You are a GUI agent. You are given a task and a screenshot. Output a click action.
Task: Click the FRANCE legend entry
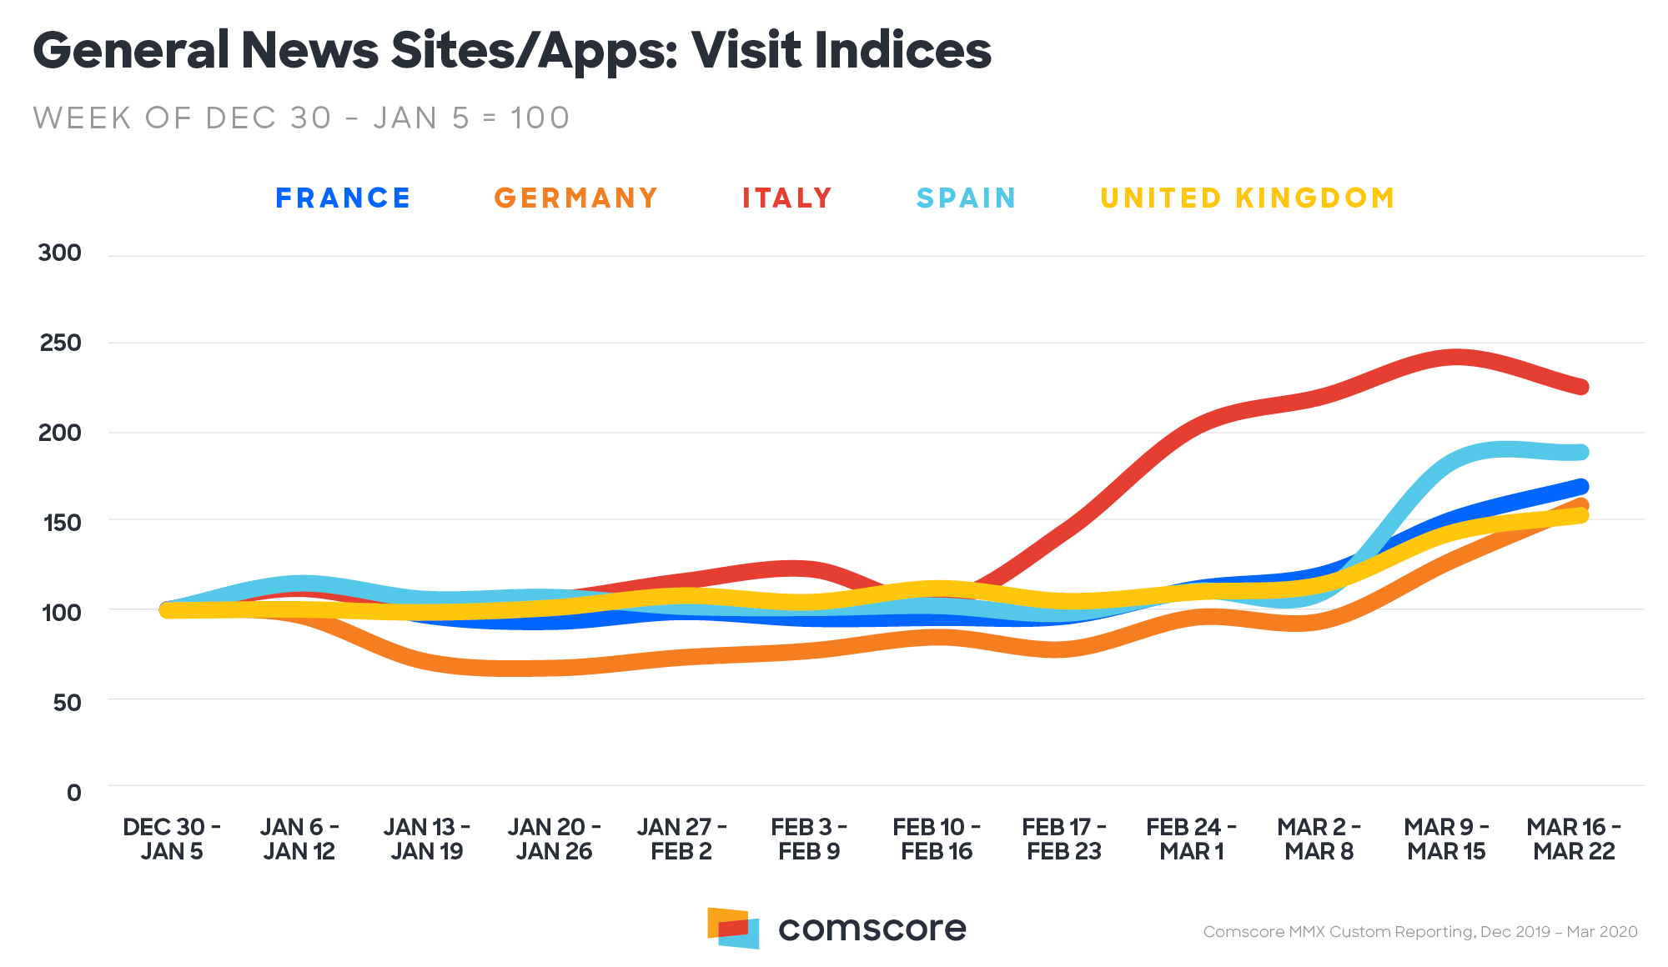point(343,198)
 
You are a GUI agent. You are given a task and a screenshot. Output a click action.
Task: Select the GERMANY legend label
point(575,198)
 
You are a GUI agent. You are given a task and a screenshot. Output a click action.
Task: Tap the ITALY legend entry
point(787,198)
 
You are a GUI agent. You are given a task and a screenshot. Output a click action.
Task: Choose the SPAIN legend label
point(966,198)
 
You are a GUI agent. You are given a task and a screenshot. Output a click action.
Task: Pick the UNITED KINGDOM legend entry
point(1247,198)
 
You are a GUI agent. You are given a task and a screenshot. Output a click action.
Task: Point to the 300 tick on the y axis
point(60,253)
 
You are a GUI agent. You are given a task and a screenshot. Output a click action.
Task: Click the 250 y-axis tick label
point(60,343)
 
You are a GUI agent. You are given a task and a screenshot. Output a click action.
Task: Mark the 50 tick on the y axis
point(67,703)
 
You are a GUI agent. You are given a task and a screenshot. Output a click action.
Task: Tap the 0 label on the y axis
point(74,793)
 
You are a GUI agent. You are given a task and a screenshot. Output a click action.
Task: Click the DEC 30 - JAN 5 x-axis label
point(172,839)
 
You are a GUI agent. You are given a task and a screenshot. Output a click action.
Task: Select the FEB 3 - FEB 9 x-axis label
point(809,839)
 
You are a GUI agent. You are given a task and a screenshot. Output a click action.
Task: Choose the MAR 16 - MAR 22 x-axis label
point(1574,839)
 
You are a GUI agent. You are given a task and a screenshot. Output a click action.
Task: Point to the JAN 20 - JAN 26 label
point(554,839)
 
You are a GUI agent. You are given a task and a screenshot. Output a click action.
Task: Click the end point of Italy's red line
point(1580,387)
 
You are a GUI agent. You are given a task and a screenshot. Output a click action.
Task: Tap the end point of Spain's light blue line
point(1580,453)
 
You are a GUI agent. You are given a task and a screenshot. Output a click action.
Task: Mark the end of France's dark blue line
point(1580,486)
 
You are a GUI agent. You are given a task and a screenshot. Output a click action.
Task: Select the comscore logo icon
point(733,928)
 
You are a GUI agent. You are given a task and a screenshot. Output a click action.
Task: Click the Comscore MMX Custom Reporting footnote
point(1419,932)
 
